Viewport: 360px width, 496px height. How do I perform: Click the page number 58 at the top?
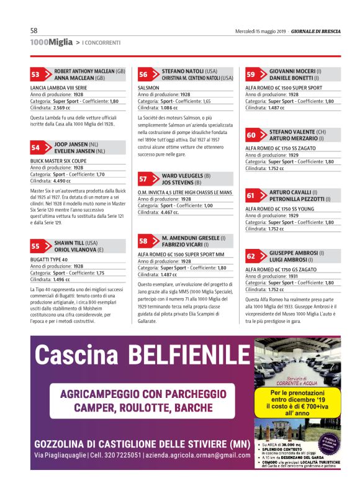click(x=34, y=30)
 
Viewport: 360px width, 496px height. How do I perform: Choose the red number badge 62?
click(x=251, y=256)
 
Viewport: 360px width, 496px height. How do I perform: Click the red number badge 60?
click(x=251, y=135)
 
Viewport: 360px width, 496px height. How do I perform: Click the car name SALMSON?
click(x=148, y=89)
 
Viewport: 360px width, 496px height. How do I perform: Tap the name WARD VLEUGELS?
click(x=182, y=176)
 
